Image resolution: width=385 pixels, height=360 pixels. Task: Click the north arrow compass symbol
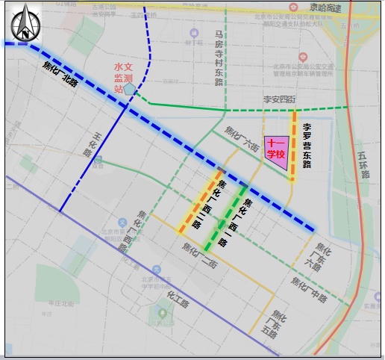[24, 22]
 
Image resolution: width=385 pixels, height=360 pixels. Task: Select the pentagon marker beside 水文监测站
[131, 89]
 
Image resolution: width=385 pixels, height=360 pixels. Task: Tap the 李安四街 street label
[279, 99]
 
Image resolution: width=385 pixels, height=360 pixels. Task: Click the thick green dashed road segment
[227, 217]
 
